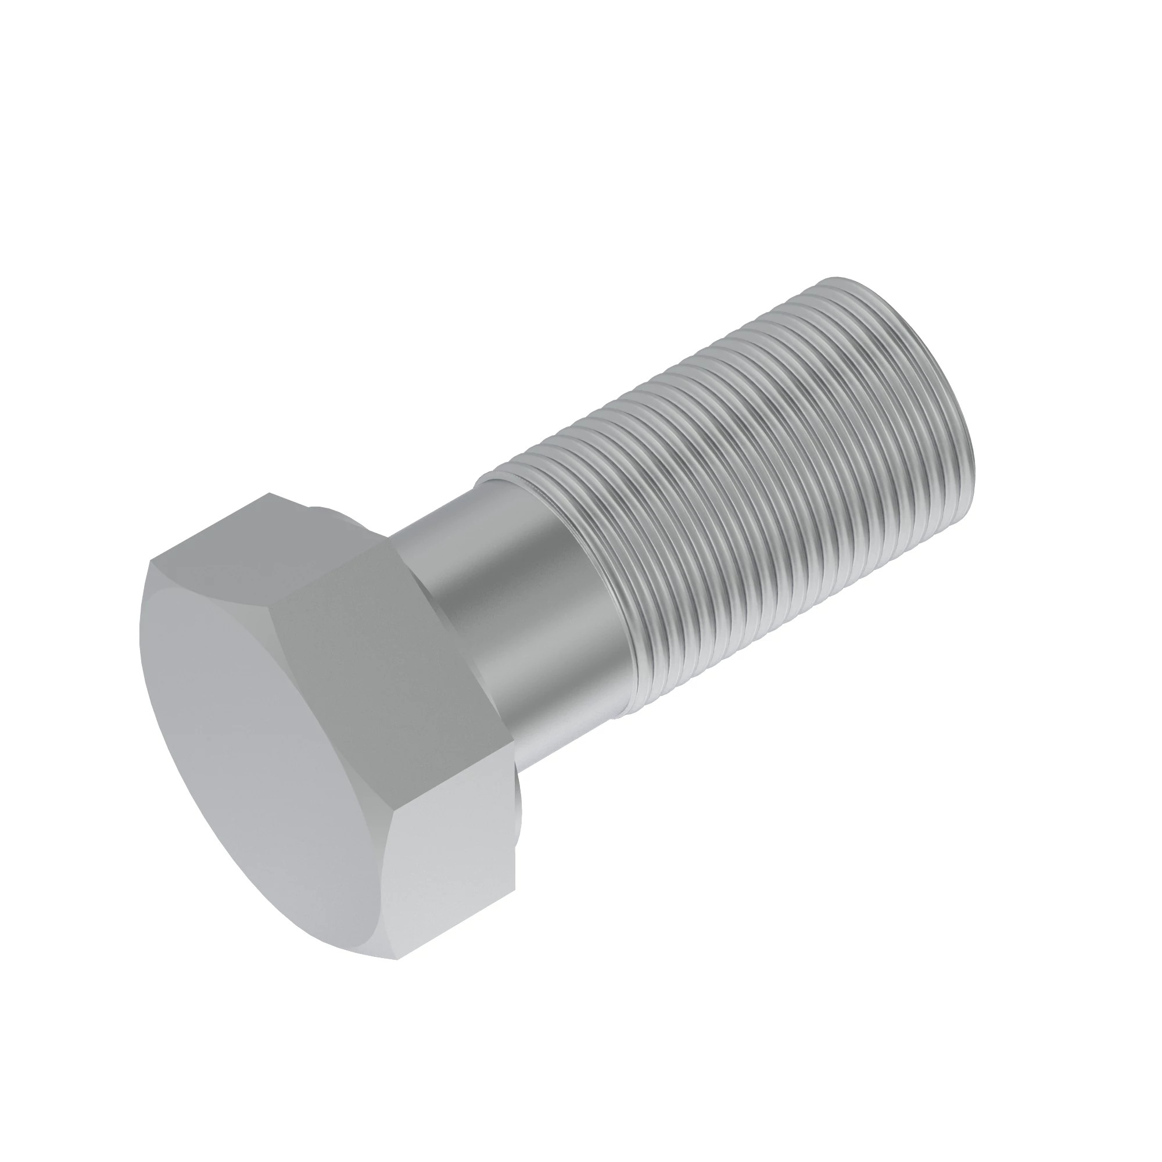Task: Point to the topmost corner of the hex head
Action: click(x=269, y=494)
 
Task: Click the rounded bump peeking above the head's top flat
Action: click(x=328, y=511)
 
